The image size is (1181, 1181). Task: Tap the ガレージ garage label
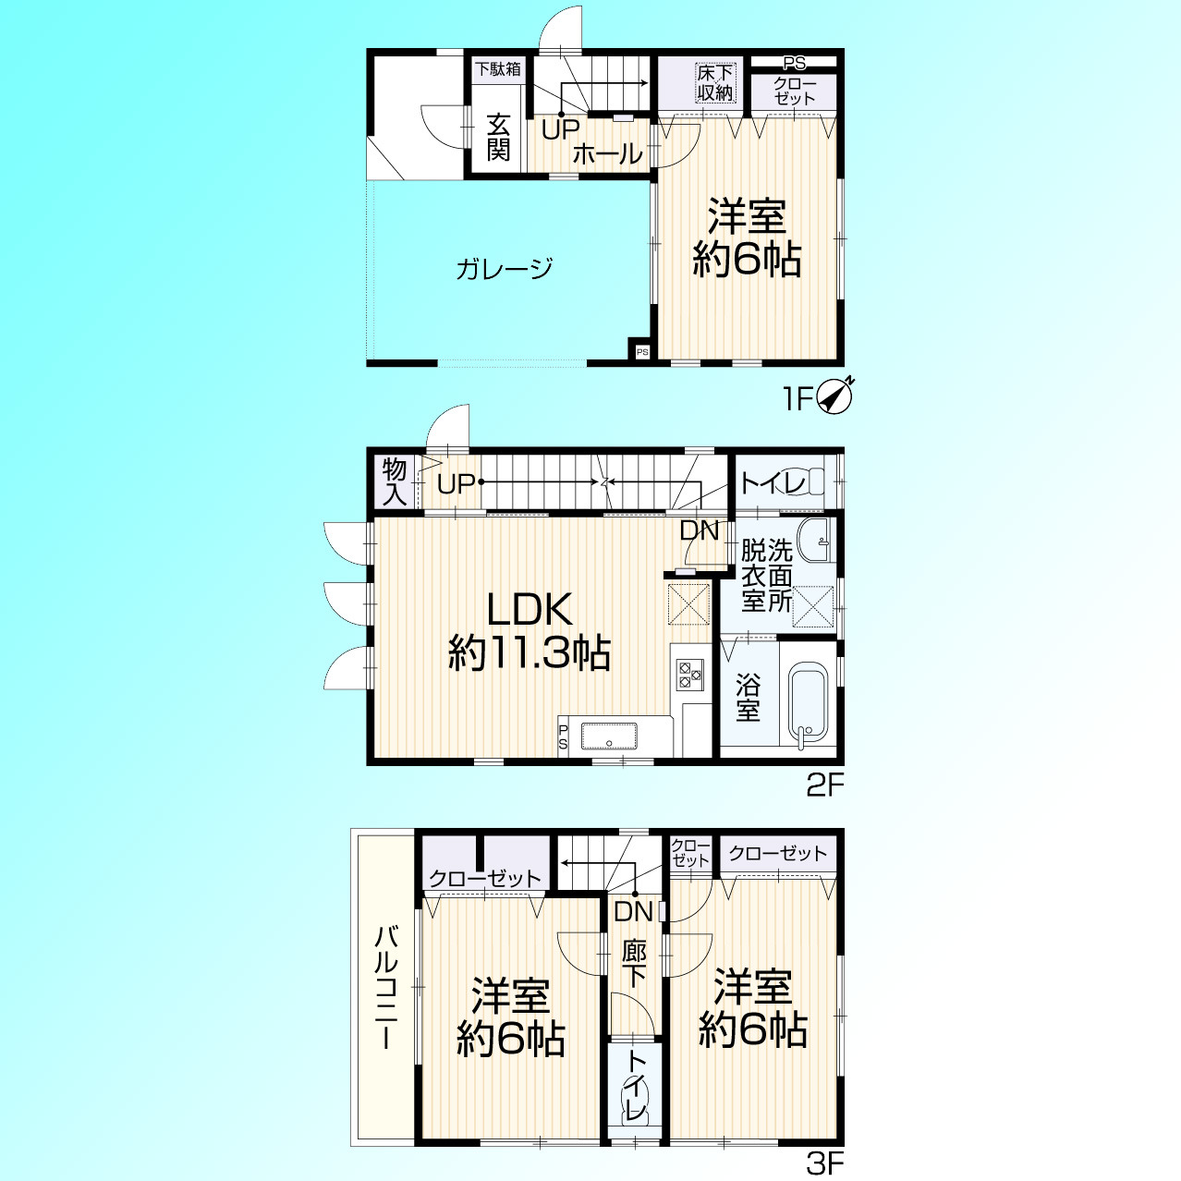(x=504, y=269)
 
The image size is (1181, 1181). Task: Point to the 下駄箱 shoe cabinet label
(x=498, y=68)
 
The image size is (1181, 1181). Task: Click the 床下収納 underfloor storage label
(x=714, y=83)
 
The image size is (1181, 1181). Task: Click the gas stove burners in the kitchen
(x=691, y=675)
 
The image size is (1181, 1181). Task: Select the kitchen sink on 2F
(x=609, y=737)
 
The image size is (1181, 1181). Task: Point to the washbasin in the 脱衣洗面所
(x=816, y=540)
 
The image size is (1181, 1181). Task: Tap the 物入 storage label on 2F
(x=395, y=482)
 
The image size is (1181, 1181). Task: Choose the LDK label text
(x=530, y=609)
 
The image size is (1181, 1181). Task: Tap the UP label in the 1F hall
(x=561, y=129)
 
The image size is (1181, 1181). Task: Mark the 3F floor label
(x=825, y=1163)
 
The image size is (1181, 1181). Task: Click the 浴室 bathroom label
(x=748, y=697)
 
